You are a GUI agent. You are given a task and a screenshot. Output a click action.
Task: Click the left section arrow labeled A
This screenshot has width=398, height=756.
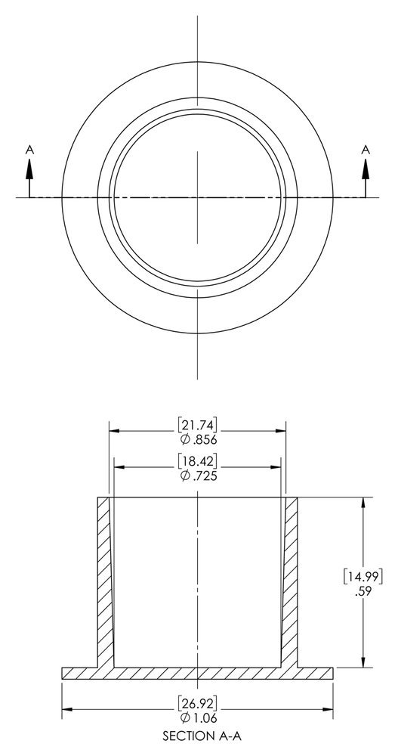pos(30,181)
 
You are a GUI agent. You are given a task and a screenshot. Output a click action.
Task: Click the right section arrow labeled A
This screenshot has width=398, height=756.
pos(366,181)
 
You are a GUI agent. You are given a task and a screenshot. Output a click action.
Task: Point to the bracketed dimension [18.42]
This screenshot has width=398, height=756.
pos(198,460)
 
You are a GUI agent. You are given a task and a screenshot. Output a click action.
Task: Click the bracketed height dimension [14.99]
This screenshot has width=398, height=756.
pos(366,576)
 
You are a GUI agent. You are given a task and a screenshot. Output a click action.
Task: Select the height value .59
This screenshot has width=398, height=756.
pos(366,592)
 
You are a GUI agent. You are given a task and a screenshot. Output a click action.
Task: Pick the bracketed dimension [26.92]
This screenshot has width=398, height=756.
pos(198,699)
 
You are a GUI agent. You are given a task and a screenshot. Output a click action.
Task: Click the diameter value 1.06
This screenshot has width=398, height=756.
pos(198,715)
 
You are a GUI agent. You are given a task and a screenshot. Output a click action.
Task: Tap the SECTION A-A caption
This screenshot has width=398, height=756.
pos(198,734)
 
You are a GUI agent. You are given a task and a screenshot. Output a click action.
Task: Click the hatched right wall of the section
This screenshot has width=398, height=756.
pos(291,582)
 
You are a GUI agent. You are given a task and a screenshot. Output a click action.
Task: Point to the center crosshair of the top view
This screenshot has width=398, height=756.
pos(198,197)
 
